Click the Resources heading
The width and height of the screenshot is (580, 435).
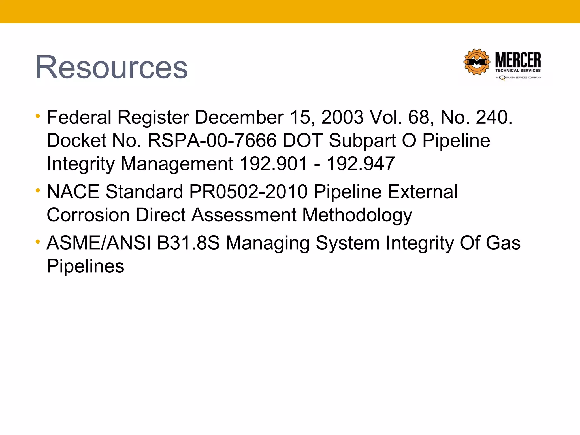pyautogui.click(x=112, y=67)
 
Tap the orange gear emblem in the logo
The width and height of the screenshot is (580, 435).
pyautogui.click(x=477, y=62)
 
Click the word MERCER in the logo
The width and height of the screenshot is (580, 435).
pyautogui.click(x=518, y=60)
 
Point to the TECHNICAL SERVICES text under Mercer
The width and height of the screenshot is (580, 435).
pyautogui.click(x=518, y=71)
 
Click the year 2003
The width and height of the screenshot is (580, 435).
pyautogui.click(x=342, y=117)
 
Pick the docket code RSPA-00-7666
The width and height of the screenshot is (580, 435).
pyautogui.click(x=212, y=140)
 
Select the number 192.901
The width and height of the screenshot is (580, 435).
pyautogui.click(x=273, y=164)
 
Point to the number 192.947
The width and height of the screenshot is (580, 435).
pyautogui.click(x=361, y=164)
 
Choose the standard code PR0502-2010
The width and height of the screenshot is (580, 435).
pyautogui.click(x=248, y=192)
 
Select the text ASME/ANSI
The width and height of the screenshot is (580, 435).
pyautogui.click(x=99, y=243)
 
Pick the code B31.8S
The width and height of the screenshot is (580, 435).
pyautogui.click(x=188, y=243)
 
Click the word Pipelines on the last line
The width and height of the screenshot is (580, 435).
pyautogui.click(x=85, y=266)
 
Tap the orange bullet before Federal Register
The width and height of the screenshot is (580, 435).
pyautogui.click(x=38, y=116)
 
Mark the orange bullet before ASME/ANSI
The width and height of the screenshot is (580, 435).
pyautogui.click(x=38, y=242)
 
